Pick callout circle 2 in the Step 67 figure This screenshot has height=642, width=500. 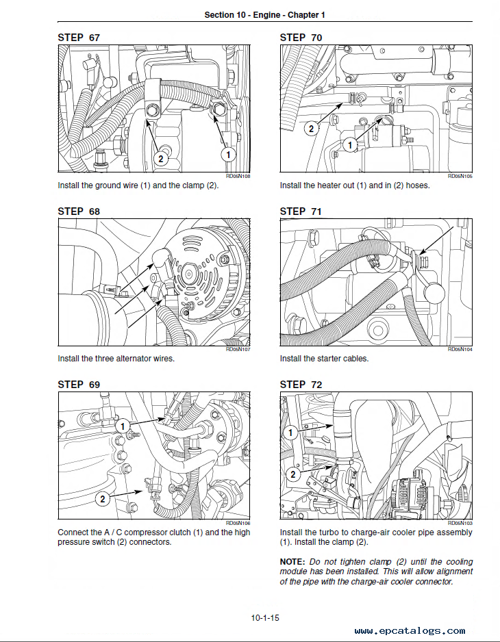(x=160, y=159)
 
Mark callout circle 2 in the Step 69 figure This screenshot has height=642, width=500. (x=103, y=499)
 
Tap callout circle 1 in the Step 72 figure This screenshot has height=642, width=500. (x=291, y=433)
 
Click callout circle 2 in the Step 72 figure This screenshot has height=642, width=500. (x=292, y=474)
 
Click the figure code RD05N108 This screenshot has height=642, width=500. (x=238, y=176)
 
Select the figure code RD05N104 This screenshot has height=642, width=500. (x=460, y=349)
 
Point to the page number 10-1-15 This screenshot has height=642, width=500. (x=265, y=618)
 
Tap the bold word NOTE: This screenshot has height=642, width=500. (x=293, y=562)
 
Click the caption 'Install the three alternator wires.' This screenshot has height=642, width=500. (x=116, y=359)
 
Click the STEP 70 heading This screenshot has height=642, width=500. (x=301, y=38)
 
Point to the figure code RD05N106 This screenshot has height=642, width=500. (x=238, y=523)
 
